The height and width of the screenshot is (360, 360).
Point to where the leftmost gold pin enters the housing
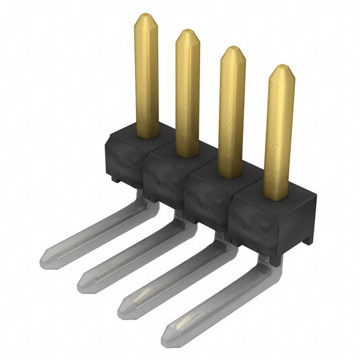(146, 133)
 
